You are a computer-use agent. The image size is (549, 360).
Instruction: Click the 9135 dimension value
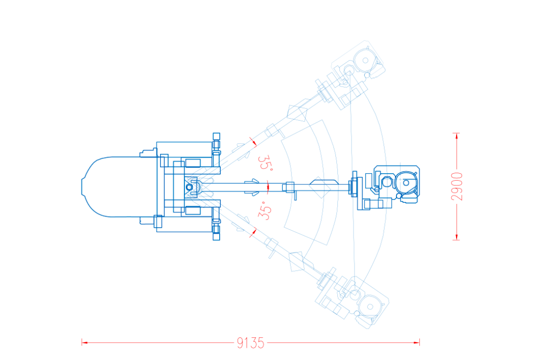point(251,343)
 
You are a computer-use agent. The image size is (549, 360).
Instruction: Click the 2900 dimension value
point(457,186)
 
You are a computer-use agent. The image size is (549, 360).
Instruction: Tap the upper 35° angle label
point(265,163)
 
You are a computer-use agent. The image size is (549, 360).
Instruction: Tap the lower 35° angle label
point(265,210)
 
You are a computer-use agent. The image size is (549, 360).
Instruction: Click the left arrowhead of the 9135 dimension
point(84,343)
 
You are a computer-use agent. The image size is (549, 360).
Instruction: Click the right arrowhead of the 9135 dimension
point(416,343)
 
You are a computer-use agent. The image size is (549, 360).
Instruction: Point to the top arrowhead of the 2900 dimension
point(456,136)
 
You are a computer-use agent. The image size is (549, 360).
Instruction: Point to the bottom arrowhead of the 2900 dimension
point(456,236)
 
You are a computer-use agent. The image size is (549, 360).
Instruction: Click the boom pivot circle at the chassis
point(189,187)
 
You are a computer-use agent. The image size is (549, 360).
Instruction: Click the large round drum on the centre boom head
point(406,183)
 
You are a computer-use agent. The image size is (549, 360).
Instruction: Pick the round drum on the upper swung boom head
point(365,60)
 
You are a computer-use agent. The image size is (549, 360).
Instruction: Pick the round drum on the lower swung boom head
point(370,307)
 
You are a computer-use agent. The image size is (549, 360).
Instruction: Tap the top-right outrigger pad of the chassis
point(216,136)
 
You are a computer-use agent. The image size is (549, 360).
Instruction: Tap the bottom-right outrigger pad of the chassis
point(216,236)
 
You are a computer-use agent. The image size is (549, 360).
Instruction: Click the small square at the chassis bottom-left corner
point(158,222)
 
